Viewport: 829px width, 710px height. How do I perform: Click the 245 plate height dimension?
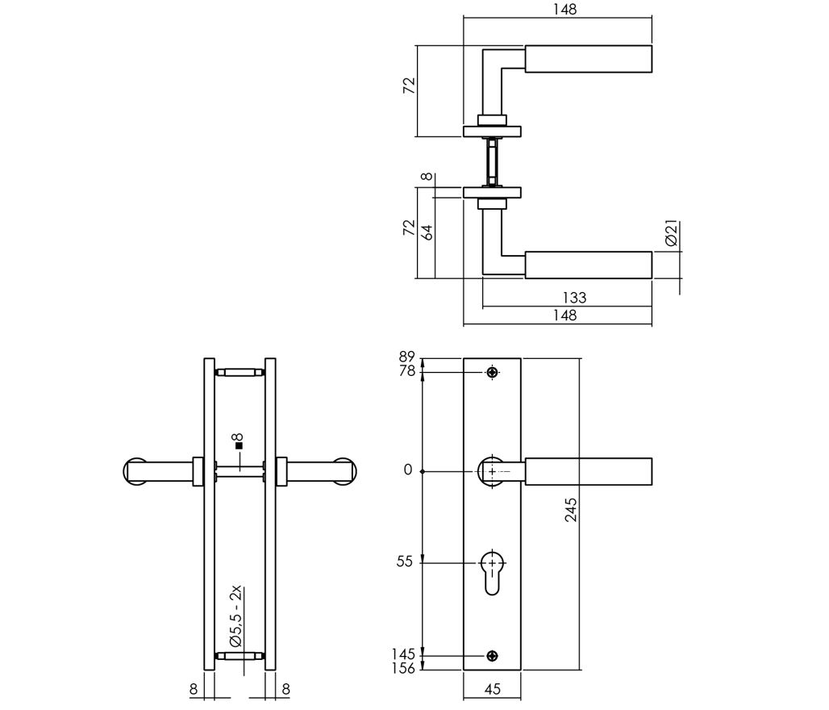click(x=571, y=509)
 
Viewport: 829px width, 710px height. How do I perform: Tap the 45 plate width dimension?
click(x=492, y=688)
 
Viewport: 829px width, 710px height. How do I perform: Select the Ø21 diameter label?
click(x=672, y=233)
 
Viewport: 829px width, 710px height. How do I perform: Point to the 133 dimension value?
click(x=574, y=298)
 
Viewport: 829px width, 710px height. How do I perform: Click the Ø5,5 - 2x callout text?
click(x=236, y=616)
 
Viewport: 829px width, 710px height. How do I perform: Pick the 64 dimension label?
click(x=427, y=232)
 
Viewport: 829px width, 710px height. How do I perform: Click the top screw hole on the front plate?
click(x=492, y=373)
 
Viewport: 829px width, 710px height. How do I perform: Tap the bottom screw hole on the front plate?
click(x=492, y=656)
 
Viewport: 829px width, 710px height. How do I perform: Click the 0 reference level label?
click(x=407, y=470)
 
